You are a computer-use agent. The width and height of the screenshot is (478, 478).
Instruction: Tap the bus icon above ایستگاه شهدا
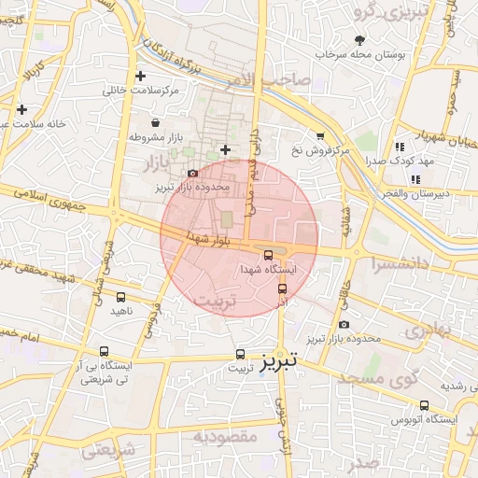(269, 254)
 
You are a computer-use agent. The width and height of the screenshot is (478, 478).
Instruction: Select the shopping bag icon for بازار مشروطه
(155, 122)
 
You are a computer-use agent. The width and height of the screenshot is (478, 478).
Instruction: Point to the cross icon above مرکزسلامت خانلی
(140, 76)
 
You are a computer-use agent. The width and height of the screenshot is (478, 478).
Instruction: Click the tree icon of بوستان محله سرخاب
(359, 39)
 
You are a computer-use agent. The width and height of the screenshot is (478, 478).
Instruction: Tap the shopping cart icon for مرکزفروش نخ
(320, 136)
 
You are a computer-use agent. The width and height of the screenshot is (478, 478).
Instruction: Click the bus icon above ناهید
(119, 297)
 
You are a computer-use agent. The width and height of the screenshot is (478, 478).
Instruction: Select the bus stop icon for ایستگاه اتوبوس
(425, 406)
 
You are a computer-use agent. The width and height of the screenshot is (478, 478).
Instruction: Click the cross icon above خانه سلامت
(21, 109)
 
